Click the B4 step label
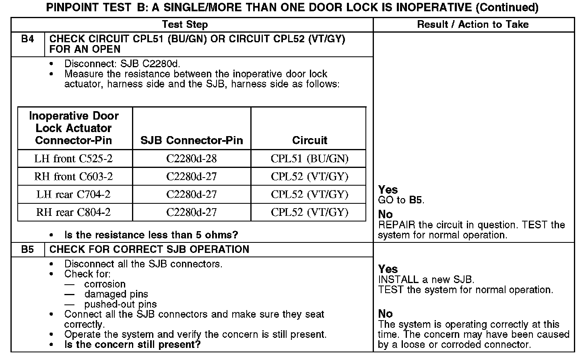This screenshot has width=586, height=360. click(27, 39)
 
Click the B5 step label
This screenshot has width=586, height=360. click(27, 249)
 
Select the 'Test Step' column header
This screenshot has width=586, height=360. click(185, 25)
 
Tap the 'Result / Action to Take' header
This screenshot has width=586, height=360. click(473, 25)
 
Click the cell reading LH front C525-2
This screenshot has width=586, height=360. click(73, 159)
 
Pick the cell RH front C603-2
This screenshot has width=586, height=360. click(73, 176)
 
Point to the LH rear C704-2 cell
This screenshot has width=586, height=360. click(73, 194)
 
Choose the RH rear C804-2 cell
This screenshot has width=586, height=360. click(73, 212)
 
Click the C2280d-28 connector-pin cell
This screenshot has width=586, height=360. click(191, 159)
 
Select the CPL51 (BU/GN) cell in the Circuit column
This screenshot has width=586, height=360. click(309, 159)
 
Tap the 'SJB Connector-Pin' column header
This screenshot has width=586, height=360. click(192, 140)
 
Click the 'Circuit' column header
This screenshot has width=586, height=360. click(309, 140)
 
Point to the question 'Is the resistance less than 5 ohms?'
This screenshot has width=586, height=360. click(151, 235)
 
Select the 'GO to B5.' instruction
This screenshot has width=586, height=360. click(401, 200)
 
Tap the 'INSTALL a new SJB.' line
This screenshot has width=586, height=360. click(426, 279)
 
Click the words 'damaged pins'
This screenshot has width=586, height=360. click(116, 294)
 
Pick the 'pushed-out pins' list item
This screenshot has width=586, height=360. click(120, 304)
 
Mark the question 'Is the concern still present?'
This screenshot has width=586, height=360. click(132, 345)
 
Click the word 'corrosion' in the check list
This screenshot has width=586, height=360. click(105, 284)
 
